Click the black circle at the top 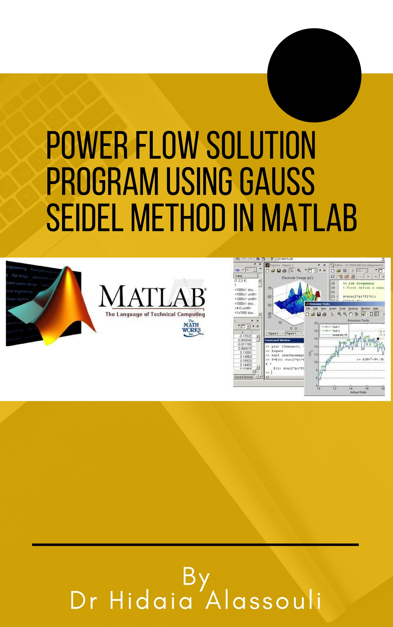coord(314,75)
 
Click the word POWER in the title coord(87,145)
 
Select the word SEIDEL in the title coord(85,217)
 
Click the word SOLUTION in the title coord(261,145)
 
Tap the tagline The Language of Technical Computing coord(155,314)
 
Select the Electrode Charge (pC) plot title coord(297,278)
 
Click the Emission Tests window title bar coord(334,304)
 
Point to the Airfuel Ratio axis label coord(358,392)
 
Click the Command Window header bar coord(283,340)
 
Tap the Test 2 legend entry coord(336,331)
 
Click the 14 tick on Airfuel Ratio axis coord(351,388)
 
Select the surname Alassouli coord(263,601)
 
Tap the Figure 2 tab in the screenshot coord(273,333)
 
